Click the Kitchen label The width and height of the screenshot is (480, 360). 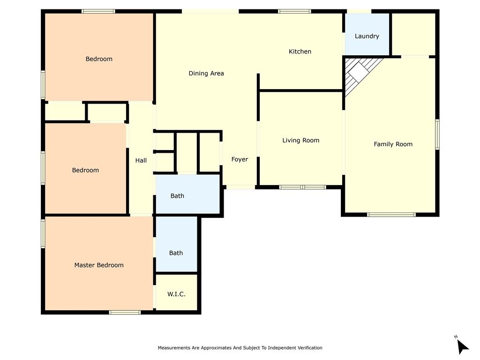[x=300, y=52]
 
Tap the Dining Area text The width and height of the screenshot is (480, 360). [x=206, y=73]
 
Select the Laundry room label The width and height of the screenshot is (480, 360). [x=367, y=36]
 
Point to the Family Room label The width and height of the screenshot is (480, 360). [x=393, y=144]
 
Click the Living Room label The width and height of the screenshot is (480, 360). [x=300, y=140]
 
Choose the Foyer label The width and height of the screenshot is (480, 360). [x=240, y=159]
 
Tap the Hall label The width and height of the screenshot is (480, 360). [x=141, y=160]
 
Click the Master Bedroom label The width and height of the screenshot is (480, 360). [x=99, y=265]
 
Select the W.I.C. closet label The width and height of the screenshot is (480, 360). [x=176, y=294]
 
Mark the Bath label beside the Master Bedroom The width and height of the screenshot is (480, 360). [x=176, y=253]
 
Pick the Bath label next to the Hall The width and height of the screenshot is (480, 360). [x=177, y=196]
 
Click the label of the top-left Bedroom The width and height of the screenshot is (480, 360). [x=99, y=59]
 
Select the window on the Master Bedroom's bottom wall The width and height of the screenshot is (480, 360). [x=125, y=312]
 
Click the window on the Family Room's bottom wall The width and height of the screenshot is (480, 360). [x=391, y=215]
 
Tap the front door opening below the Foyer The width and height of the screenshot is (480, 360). [x=240, y=187]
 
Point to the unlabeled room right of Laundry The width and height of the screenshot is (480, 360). [x=413, y=34]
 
